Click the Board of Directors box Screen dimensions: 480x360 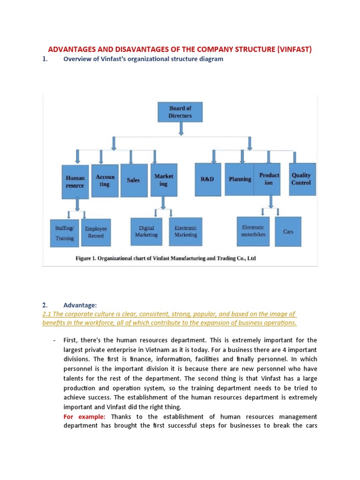pos(180,112)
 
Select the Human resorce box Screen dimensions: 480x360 pos(75,182)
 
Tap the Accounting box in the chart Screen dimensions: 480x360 pos(105,180)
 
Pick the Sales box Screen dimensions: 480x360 pos(133,180)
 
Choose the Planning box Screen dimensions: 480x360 pos(240,179)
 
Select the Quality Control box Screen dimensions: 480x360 pos(301,179)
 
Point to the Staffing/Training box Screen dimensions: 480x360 pos(65,232)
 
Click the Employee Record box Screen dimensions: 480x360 pos(96,232)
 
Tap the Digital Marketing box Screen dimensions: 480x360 pos(146,231)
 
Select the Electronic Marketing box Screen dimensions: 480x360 pos(186,231)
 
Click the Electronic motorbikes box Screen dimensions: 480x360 pos(253,231)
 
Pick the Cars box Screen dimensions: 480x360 pos(288,232)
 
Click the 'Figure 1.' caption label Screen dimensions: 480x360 pos(89,258)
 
